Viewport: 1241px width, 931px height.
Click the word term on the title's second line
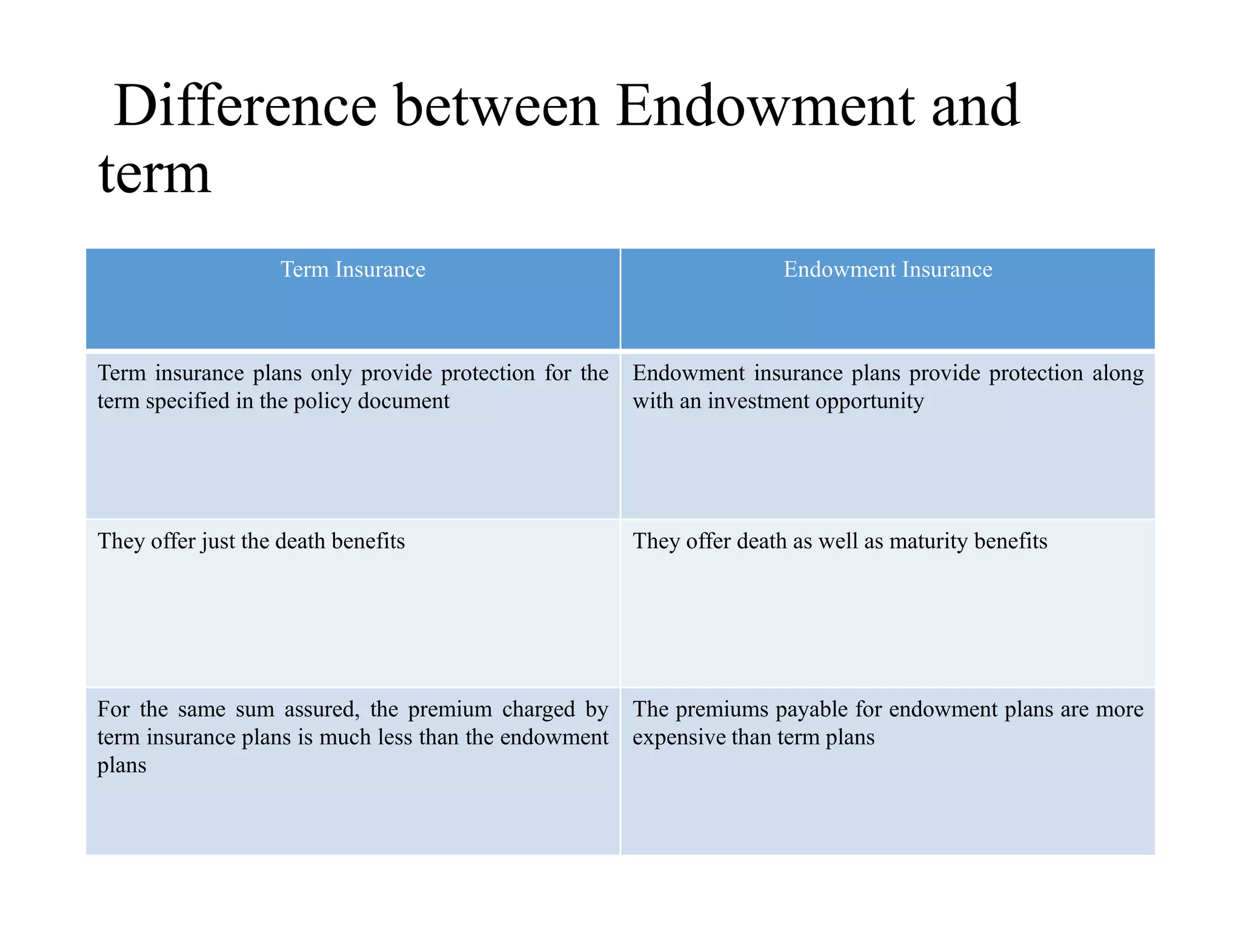(155, 174)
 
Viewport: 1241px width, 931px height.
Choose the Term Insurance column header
(353, 269)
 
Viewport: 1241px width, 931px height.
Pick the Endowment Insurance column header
(888, 269)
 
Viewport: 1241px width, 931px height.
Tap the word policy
(322, 401)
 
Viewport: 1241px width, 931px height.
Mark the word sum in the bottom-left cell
(255, 709)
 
